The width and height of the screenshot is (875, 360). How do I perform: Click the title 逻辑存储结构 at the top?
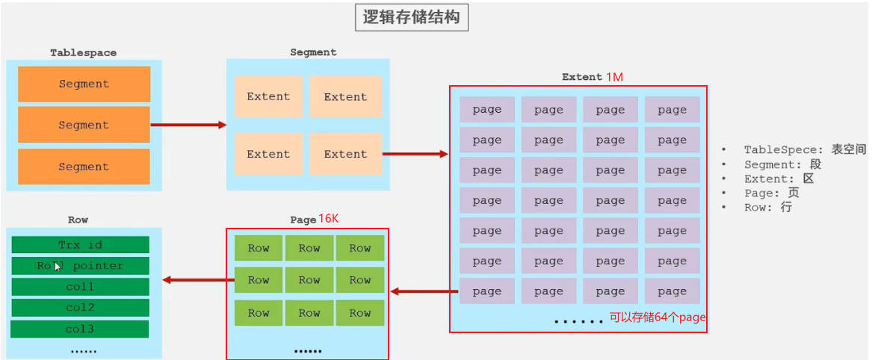411,19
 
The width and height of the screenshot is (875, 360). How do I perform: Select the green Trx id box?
80,245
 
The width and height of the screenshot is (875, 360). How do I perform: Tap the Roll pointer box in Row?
80,266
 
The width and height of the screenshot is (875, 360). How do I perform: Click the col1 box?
80,287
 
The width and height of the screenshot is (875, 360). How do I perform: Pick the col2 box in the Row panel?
80,308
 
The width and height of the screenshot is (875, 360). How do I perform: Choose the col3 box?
80,329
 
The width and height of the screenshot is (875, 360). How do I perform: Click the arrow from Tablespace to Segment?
188,125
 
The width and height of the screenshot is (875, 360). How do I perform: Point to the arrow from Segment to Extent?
415,155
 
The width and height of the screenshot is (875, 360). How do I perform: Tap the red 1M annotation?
614,77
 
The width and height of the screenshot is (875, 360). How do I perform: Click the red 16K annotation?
329,219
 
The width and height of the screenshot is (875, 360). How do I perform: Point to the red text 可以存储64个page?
658,317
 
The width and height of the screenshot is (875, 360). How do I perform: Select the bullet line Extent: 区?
778,179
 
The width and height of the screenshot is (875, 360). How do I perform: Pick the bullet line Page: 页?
771,193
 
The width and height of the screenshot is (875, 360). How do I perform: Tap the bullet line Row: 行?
767,208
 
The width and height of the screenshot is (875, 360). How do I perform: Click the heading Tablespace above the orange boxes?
83,53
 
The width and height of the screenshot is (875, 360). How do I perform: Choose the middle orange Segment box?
84,125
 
